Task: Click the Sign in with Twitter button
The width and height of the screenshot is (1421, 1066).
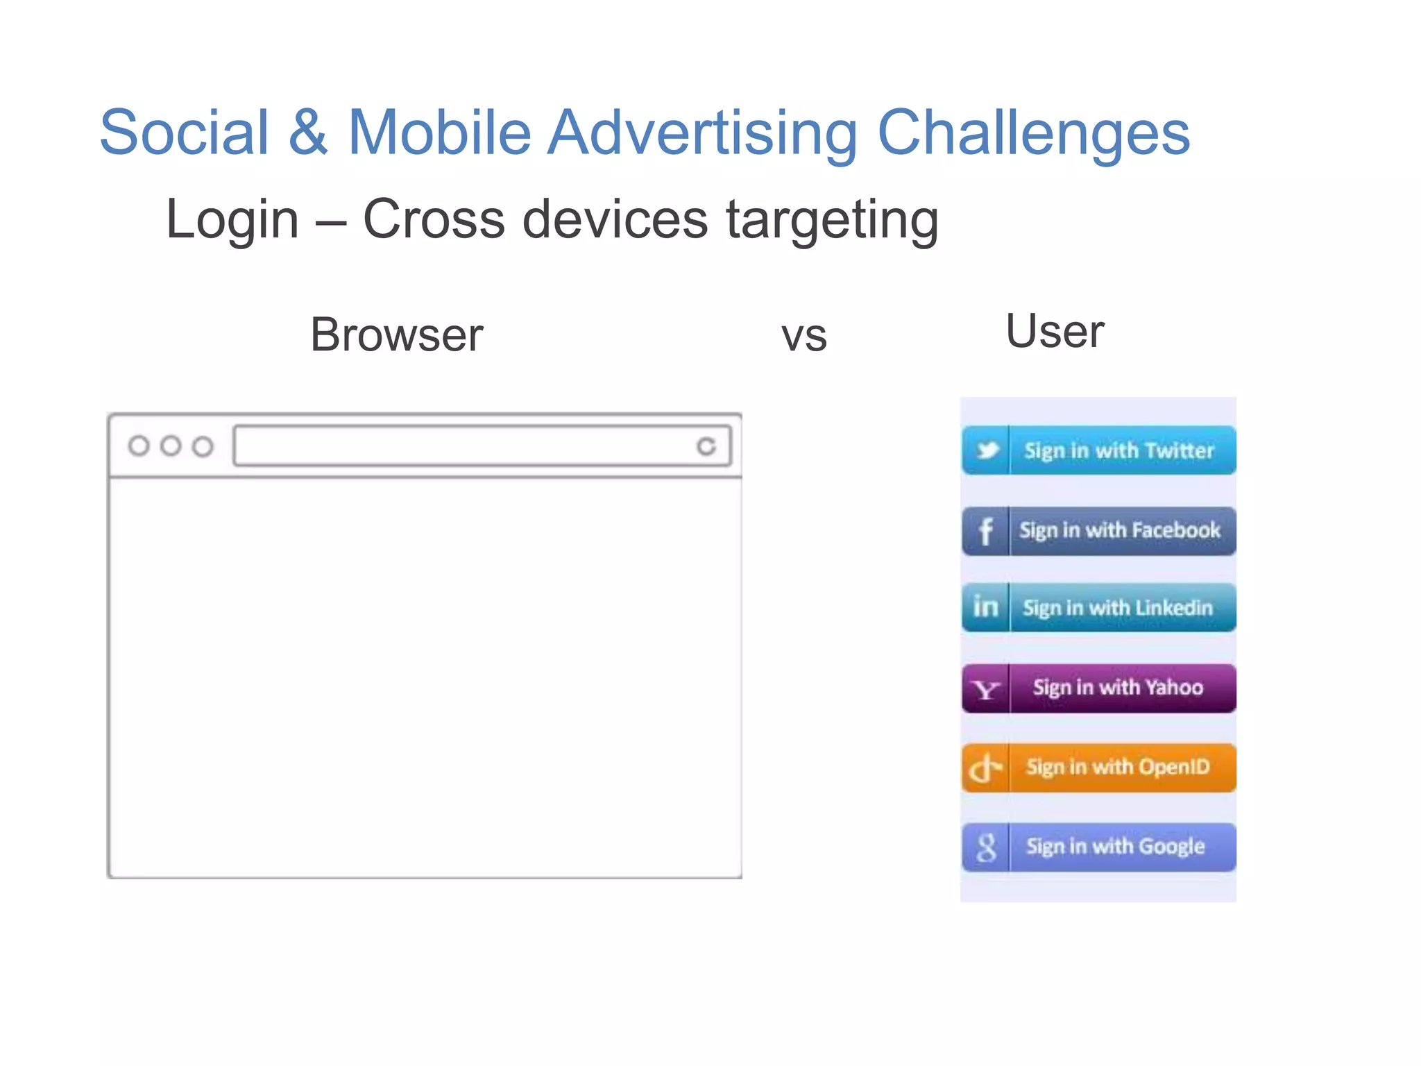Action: click(x=1098, y=450)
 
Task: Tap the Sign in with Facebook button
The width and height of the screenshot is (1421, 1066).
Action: click(x=1098, y=531)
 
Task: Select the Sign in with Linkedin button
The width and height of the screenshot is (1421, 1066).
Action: click(x=1098, y=608)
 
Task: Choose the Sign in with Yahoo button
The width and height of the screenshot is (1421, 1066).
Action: click(x=1098, y=688)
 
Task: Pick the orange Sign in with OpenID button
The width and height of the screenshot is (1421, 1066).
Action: click(x=1098, y=768)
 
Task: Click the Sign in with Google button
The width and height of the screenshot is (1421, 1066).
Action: click(x=1098, y=847)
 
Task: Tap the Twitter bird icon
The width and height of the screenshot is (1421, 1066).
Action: click(x=987, y=450)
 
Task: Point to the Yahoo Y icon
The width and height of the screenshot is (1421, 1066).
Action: click(x=986, y=689)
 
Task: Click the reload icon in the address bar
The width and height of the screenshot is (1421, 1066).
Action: click(x=706, y=446)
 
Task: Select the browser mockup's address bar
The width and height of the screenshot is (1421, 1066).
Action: click(x=465, y=446)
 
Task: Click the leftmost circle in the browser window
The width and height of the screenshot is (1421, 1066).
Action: click(x=139, y=446)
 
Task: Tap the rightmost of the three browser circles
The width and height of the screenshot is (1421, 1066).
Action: click(x=203, y=446)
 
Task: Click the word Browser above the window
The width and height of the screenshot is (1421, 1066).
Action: click(x=396, y=335)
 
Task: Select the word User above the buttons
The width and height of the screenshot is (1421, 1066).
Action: click(x=1055, y=332)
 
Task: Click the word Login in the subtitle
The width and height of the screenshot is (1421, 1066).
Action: click(x=232, y=219)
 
